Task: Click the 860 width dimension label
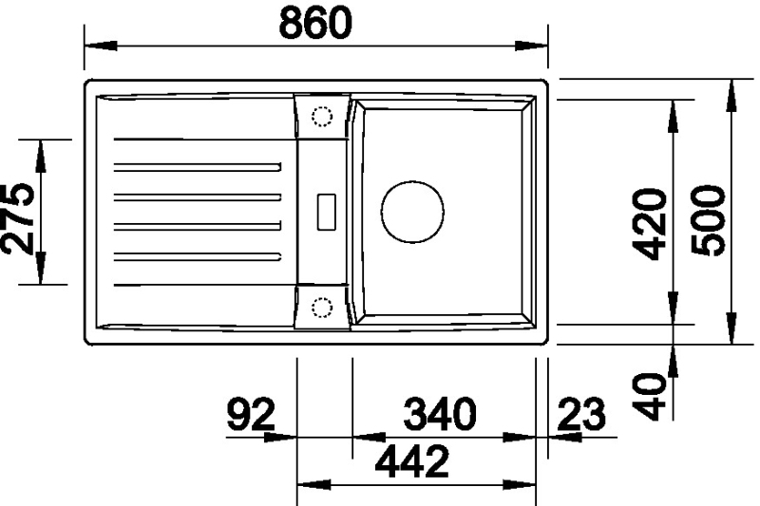pyautogui.click(x=315, y=23)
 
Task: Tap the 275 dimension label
pyautogui.click(x=18, y=218)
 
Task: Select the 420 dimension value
pyautogui.click(x=650, y=224)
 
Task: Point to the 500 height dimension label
pyautogui.click(x=709, y=220)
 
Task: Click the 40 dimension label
pyautogui.click(x=650, y=396)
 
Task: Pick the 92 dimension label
pyautogui.click(x=251, y=414)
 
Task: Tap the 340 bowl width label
pyautogui.click(x=440, y=414)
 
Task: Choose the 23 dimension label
pyautogui.click(x=581, y=414)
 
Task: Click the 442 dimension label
pyautogui.click(x=412, y=461)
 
